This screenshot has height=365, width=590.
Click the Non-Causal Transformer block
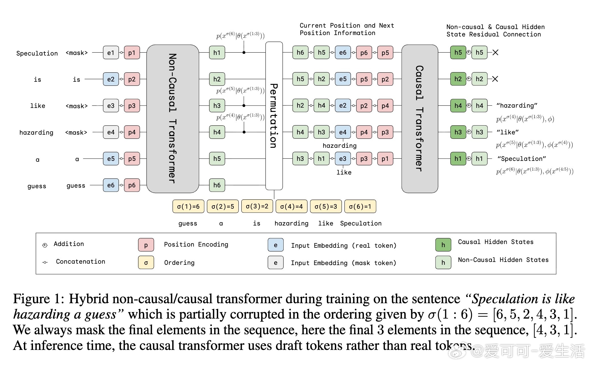pos(172,118)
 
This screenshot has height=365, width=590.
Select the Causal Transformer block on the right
pos(420,118)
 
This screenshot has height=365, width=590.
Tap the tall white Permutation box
pos(274,116)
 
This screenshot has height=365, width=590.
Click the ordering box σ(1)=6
pos(188,206)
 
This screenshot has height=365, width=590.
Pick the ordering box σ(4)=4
pos(291,206)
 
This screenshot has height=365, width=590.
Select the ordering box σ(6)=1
pos(360,206)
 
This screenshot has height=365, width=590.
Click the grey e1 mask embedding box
pos(111,53)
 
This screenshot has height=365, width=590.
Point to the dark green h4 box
pos(458,106)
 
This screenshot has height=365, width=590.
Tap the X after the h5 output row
pos(495,52)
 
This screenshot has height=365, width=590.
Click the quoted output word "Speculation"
pos(522,159)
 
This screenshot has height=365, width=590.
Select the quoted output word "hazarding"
pos(517,106)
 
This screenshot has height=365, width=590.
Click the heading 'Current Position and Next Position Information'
pos(347,29)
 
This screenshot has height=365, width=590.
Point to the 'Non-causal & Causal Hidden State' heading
pos(495,31)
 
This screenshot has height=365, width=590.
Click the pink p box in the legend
pos(146,245)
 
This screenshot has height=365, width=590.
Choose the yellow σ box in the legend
pos(146,263)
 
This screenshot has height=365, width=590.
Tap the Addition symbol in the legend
pos(45,245)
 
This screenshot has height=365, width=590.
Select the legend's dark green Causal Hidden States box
pos(443,245)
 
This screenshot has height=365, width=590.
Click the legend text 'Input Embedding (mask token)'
pos(343,263)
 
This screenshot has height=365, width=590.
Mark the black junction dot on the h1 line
pos(244,52)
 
